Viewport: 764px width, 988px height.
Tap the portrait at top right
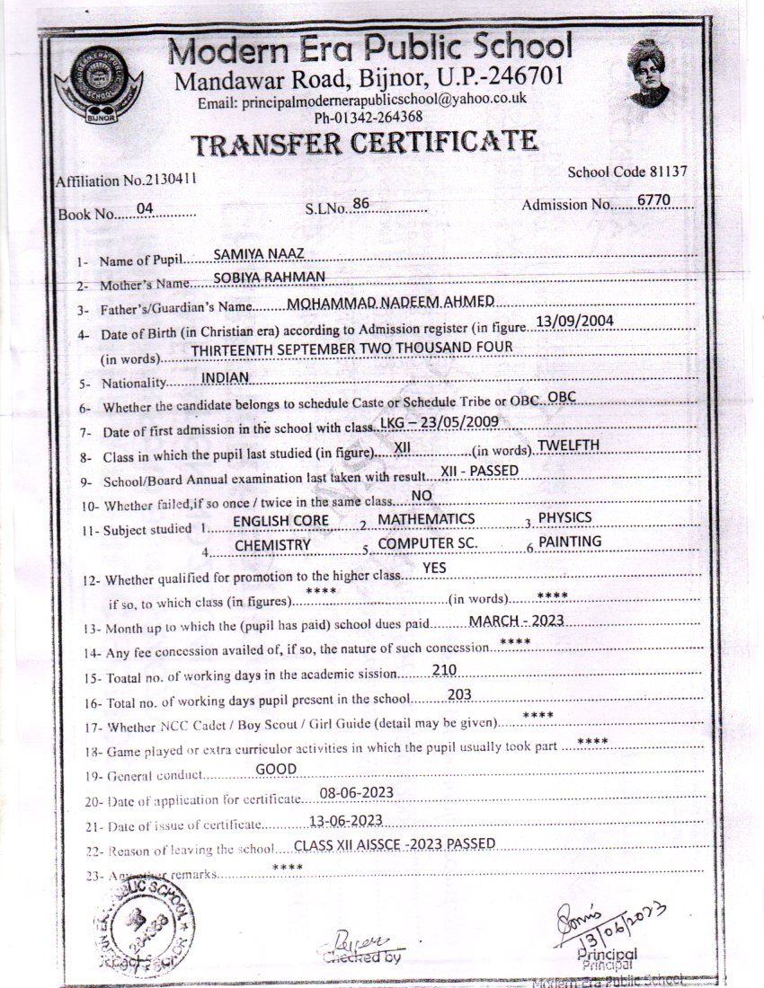pyautogui.click(x=649, y=75)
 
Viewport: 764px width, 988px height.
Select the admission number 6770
pyautogui.click(x=653, y=200)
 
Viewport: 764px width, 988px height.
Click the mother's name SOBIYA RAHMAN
pyautogui.click(x=256, y=277)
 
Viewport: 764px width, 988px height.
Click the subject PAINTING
pyautogui.click(x=569, y=541)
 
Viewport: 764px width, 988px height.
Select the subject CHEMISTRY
pyautogui.click(x=272, y=545)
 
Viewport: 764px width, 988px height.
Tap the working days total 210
pyautogui.click(x=445, y=669)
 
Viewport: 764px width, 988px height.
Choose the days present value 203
pyautogui.click(x=459, y=693)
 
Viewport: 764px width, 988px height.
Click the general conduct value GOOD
pyautogui.click(x=276, y=769)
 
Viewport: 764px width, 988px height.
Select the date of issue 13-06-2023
pyautogui.click(x=345, y=819)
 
